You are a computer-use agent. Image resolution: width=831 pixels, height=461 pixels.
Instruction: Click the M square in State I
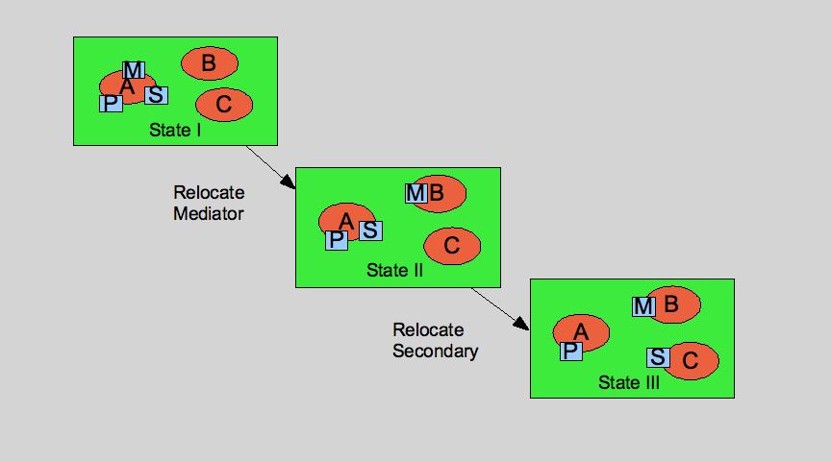coord(134,70)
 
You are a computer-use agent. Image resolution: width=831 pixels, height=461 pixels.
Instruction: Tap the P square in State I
coord(111,103)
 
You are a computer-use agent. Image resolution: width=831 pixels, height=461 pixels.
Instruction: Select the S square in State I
coord(156,95)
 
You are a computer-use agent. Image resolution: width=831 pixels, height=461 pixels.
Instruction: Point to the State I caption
coord(175,130)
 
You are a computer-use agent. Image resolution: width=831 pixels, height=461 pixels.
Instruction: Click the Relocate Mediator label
coord(208,203)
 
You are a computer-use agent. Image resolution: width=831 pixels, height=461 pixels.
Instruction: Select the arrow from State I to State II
coord(270,166)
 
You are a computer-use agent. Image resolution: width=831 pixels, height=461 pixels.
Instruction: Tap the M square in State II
coord(415,193)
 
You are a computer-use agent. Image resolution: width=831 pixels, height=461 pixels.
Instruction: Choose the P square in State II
coord(336,240)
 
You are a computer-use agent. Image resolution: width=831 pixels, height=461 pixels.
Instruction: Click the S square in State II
coord(370,230)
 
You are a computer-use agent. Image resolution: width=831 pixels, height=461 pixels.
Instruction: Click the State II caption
coord(394,271)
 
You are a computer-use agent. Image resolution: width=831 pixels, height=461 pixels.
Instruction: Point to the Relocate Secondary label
coord(435,340)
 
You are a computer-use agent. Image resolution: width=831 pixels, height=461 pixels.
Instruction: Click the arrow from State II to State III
coord(500,308)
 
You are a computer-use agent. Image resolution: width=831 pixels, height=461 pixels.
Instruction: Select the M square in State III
coord(643,306)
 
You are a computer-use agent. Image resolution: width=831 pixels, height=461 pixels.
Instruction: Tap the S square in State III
coord(658,357)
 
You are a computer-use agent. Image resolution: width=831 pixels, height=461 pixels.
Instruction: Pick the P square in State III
coord(570,351)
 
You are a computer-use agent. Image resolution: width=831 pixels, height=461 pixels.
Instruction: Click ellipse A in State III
coord(585,330)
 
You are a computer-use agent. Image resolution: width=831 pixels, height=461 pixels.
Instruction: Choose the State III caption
coord(629,382)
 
